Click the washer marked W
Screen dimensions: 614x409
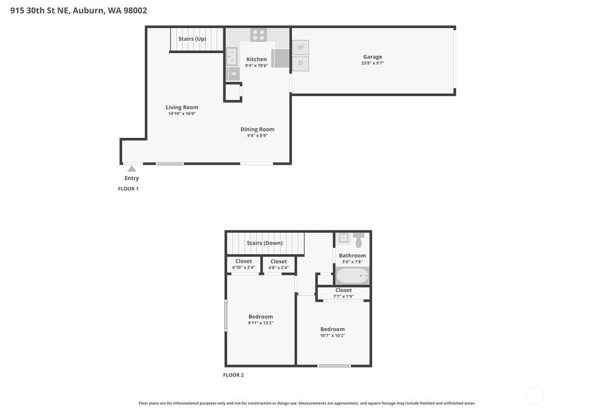300,47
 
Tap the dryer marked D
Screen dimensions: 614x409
300,64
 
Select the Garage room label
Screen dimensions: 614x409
372,57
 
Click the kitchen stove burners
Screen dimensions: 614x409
258,35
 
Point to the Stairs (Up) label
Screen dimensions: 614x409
192,39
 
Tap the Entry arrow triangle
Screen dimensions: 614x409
131,169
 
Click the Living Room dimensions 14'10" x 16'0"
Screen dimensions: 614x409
182,113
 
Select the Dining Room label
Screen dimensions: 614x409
257,130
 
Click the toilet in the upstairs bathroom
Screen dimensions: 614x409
359,240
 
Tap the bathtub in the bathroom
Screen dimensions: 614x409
353,276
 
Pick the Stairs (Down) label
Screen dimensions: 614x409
264,243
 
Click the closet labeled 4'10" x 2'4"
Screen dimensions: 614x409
243,264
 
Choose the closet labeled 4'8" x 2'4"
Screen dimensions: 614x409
278,264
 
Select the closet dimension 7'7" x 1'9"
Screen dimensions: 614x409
344,297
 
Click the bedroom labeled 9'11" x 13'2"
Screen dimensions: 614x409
260,319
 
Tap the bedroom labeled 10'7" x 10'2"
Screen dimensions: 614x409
333,332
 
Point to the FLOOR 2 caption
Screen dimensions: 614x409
233,375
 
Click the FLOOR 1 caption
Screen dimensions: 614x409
128,189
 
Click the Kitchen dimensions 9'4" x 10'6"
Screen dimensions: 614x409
257,66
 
